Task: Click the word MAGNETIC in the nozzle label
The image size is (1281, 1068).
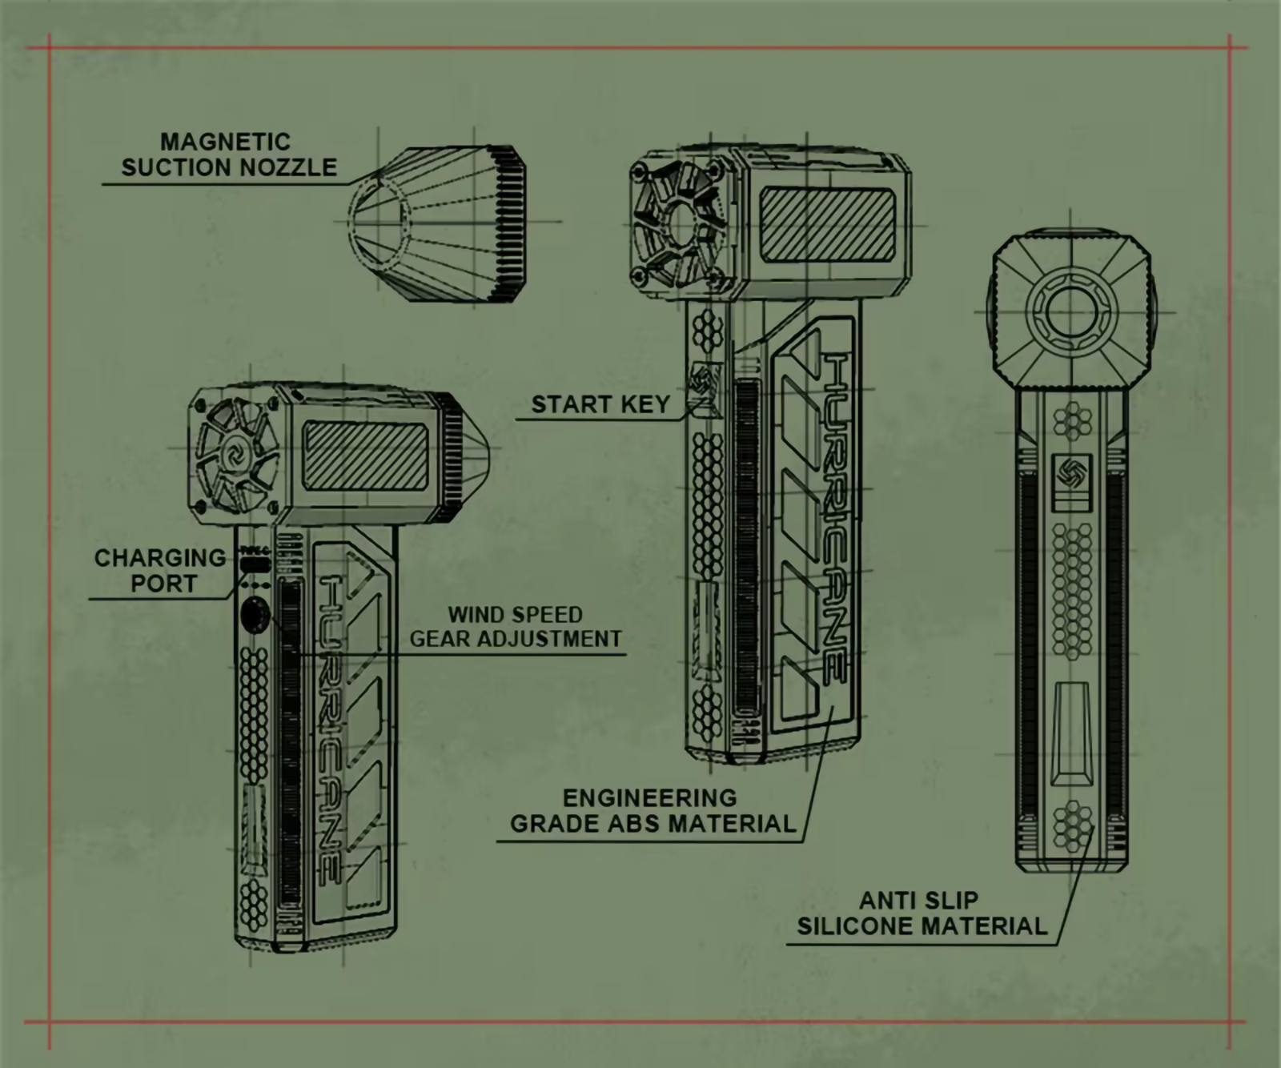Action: [225, 142]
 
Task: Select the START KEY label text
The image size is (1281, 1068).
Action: [600, 404]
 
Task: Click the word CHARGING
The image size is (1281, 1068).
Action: [160, 557]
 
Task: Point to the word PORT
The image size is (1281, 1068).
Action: [164, 584]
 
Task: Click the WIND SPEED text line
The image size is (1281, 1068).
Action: [515, 615]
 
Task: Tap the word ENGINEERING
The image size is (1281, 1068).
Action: [649, 797]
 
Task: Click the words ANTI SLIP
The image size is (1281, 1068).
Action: [919, 901]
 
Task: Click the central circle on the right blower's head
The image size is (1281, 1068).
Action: [1068, 308]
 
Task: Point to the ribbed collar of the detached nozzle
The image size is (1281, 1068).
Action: [509, 225]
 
